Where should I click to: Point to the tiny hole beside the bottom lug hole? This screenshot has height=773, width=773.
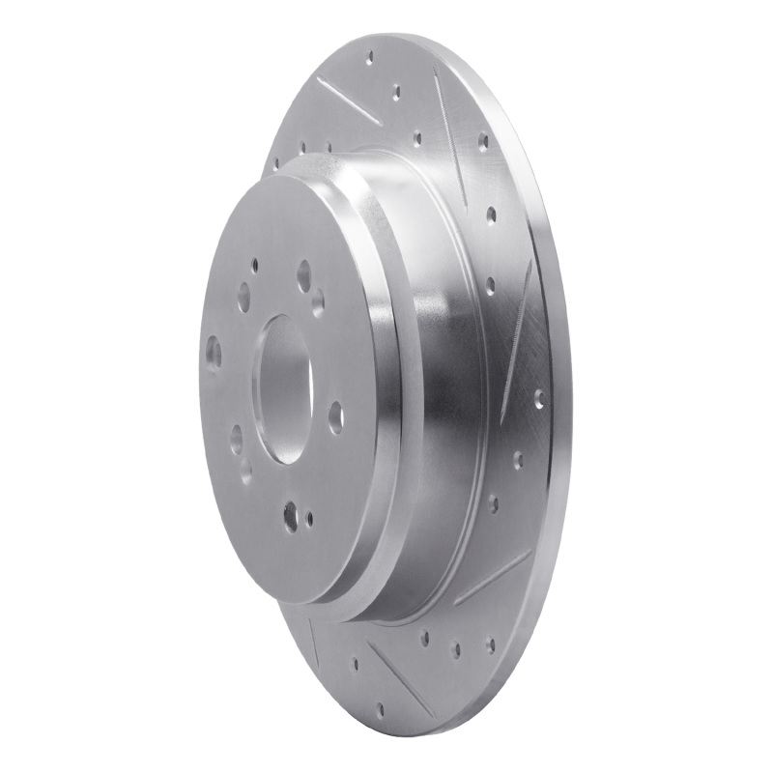(309, 518)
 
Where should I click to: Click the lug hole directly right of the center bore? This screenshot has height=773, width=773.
(335, 416)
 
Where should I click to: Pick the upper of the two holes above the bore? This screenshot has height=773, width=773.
(303, 274)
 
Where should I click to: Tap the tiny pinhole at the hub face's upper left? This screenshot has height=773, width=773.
(255, 263)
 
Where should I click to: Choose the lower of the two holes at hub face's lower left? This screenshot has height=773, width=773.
(245, 471)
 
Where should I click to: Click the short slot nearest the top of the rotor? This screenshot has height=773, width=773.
(348, 101)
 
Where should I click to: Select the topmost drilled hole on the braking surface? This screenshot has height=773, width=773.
(369, 58)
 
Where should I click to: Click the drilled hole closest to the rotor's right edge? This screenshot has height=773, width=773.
(538, 396)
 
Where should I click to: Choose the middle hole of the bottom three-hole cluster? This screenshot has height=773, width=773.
(455, 648)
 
